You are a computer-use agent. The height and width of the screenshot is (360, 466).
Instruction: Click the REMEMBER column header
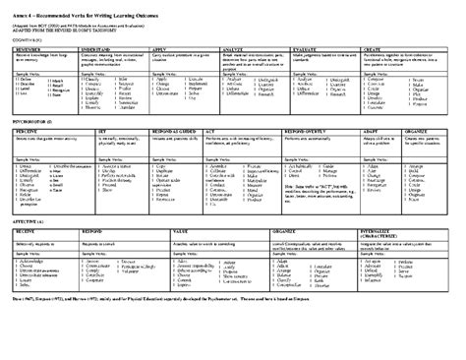tap(31, 46)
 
